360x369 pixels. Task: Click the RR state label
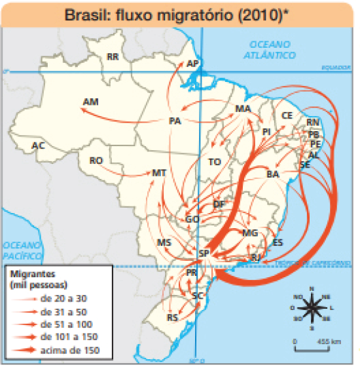point(113,57)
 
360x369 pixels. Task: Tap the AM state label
point(91,102)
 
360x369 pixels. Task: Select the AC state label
point(38,145)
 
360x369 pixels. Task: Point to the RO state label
point(96,160)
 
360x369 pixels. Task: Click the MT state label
point(159,173)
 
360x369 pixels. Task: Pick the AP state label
point(192,64)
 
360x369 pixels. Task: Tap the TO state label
point(215,161)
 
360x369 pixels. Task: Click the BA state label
point(274,174)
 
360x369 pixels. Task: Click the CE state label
point(287,115)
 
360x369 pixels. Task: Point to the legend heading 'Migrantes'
point(28,273)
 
